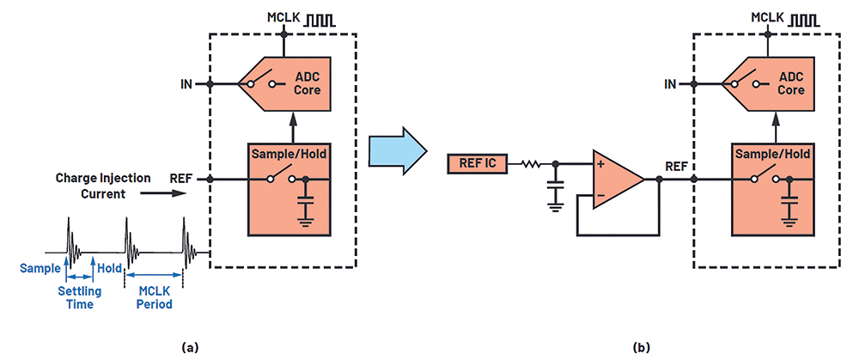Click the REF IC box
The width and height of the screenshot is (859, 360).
point(477,162)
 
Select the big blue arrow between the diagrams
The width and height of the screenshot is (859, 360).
point(398,149)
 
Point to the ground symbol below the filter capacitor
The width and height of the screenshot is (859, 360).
point(555,206)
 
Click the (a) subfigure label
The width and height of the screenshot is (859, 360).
point(189,347)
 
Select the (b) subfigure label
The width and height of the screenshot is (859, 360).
point(641,347)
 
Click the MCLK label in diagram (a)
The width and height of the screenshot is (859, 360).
point(283,17)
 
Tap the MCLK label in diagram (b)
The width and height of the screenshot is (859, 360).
point(767,17)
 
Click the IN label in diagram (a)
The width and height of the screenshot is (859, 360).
point(186,85)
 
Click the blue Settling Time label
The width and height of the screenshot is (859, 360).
point(76,297)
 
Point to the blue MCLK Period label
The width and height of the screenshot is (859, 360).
point(154,297)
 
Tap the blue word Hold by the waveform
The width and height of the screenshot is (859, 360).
point(108,268)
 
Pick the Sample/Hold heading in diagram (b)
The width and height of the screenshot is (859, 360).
point(772,155)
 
